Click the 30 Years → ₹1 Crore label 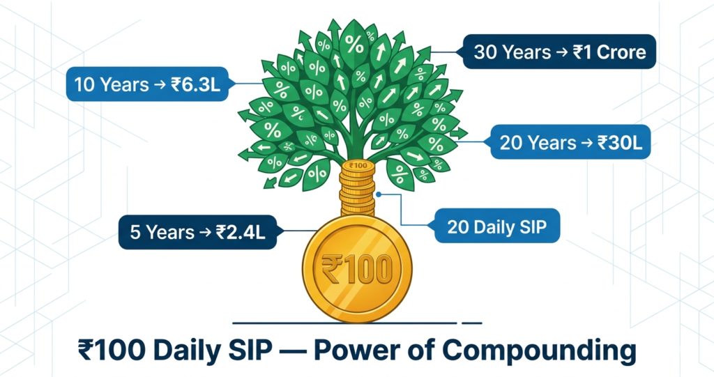pos(559,52)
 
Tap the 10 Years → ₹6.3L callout pos(147,84)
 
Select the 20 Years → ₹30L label pos(570,143)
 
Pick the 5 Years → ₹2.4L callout pos(197,232)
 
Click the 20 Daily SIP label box pos(496,226)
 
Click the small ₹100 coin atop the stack pos(358,167)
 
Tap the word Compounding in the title pos(539,351)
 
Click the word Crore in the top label pos(621,52)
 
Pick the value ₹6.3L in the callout pos(196,85)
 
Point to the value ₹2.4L pos(241,232)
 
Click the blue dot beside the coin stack pos(379,194)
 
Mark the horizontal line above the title pos(357,323)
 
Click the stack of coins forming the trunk pos(358,187)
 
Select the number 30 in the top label pos(485,52)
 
